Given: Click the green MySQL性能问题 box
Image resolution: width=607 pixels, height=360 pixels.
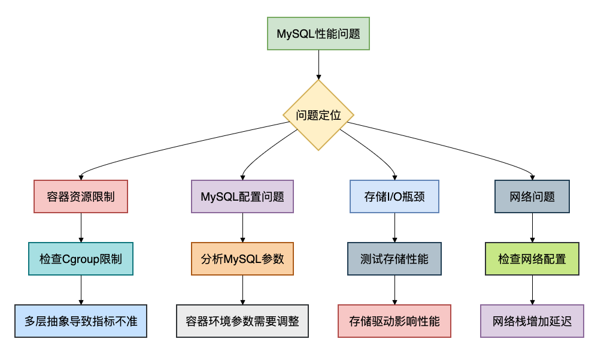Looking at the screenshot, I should [x=318, y=34].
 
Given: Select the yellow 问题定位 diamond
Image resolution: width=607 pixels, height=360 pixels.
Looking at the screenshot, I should [x=318, y=115].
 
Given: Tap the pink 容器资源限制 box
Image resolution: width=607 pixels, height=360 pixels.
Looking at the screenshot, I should [x=81, y=196].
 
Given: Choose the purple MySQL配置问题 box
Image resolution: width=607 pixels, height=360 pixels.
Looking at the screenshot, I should [x=242, y=196].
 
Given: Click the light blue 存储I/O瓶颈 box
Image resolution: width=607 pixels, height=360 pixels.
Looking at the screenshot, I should [x=394, y=196].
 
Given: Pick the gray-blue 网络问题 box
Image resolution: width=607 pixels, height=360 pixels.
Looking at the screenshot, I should [x=532, y=196].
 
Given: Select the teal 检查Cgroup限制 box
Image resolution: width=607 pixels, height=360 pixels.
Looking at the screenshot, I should [x=81, y=259].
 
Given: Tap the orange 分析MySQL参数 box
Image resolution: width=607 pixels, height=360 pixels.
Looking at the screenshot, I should [x=242, y=259].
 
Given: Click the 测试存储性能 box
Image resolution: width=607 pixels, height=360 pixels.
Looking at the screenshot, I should [x=394, y=259].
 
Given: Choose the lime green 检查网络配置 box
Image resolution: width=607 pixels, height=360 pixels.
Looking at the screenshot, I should [x=532, y=259].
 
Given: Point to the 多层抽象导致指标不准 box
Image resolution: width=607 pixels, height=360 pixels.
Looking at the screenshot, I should [x=81, y=321].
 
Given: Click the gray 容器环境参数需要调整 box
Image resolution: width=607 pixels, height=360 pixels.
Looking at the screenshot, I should [x=242, y=321].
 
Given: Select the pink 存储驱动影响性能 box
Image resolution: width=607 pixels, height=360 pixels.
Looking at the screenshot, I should [x=394, y=321].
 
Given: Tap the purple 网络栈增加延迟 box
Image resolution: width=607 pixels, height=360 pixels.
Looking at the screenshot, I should [x=532, y=321].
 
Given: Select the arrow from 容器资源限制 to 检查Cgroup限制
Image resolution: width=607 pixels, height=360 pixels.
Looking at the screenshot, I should [x=81, y=228].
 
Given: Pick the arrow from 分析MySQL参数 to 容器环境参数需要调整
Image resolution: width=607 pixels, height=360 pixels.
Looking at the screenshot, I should [x=242, y=290].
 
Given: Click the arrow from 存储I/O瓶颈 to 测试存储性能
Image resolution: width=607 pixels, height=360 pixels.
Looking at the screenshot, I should [x=394, y=228].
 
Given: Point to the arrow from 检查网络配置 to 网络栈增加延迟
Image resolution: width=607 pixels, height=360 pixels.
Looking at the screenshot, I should [x=532, y=290].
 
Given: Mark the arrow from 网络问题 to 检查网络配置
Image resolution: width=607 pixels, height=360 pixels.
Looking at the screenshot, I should [x=532, y=228].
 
